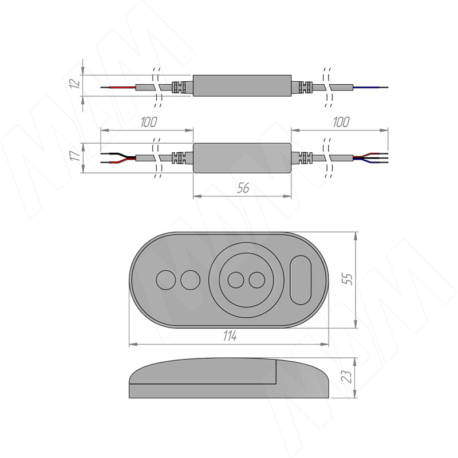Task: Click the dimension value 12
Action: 76,83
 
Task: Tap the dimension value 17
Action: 76,156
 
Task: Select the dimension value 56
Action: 243,188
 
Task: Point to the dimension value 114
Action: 230,336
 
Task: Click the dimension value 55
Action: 348,279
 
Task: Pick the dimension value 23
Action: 347,377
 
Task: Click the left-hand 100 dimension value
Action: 149,122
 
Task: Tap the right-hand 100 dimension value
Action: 341,122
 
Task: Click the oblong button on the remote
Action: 301,280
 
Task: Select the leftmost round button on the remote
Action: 166,280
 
